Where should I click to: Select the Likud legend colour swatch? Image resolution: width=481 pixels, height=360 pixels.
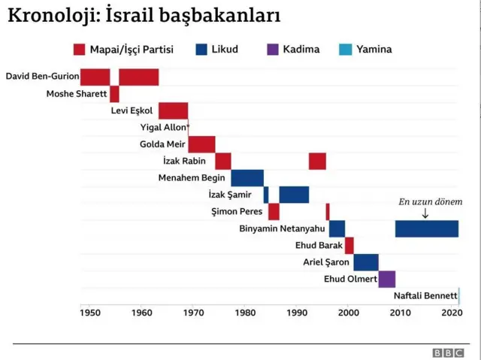(x=201, y=50)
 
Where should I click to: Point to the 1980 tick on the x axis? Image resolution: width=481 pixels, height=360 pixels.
(x=245, y=313)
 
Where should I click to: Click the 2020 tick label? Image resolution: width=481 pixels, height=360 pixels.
(x=452, y=313)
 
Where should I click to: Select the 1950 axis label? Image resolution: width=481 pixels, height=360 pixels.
(x=89, y=313)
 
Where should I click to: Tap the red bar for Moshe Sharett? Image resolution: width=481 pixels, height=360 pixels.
(x=114, y=94)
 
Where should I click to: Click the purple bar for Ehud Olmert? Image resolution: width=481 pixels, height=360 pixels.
(x=387, y=279)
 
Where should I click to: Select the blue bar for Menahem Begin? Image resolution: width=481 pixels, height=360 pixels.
(x=247, y=178)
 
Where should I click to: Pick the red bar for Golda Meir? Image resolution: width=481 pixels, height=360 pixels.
(x=201, y=144)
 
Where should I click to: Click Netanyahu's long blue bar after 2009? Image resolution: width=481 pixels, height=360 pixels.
(x=427, y=228)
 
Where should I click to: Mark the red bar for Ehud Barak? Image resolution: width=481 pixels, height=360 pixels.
(x=349, y=245)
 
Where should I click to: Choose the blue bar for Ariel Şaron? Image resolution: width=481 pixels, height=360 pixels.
(x=366, y=262)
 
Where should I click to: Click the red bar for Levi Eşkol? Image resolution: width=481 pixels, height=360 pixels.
(x=173, y=110)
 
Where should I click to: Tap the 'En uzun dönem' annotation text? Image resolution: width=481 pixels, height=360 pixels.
(x=425, y=201)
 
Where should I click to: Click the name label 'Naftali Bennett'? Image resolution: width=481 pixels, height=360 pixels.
(x=425, y=296)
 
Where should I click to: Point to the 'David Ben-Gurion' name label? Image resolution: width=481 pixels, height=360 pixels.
(x=41, y=76)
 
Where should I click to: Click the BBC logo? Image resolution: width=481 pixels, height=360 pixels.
(x=447, y=352)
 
